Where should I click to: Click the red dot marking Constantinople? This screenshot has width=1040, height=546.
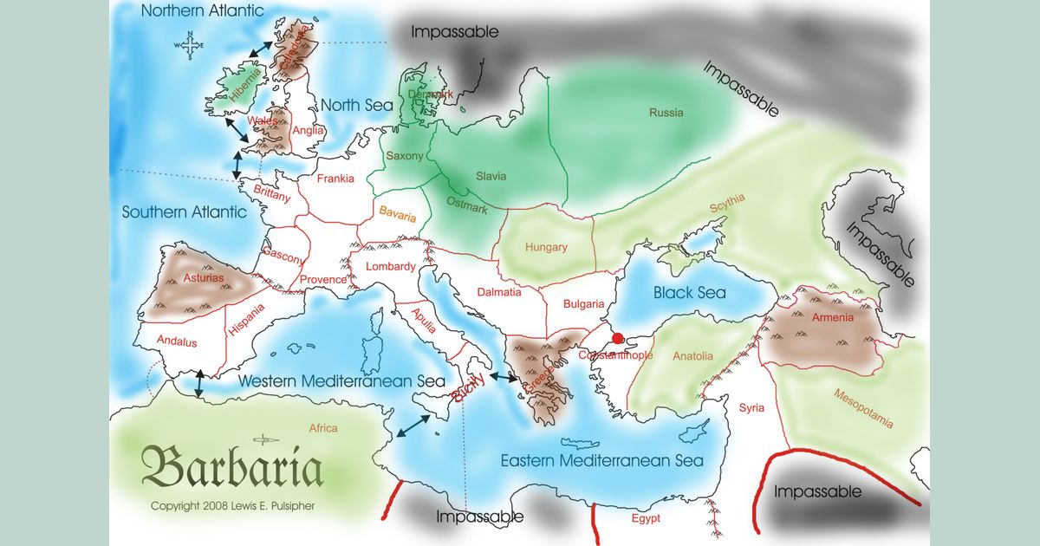617,339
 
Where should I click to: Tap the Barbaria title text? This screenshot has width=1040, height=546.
232,468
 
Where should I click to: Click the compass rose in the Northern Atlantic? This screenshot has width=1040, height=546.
190,45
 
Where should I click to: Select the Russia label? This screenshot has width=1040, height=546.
666,113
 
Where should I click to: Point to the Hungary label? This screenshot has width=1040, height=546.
546,247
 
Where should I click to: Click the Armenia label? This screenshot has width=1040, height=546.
833,317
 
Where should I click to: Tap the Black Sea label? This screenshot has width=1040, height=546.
690,292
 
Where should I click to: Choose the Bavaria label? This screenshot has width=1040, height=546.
398,215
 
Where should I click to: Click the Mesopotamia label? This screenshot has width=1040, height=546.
862,408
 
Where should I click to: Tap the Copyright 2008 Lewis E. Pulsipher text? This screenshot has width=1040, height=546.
233,506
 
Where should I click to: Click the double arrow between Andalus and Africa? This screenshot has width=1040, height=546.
199,384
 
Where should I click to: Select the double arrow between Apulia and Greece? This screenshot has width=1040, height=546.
503,378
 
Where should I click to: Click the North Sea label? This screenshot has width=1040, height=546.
357,105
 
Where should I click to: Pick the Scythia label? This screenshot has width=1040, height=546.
727,204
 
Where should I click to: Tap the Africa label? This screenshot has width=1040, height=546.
323,428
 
